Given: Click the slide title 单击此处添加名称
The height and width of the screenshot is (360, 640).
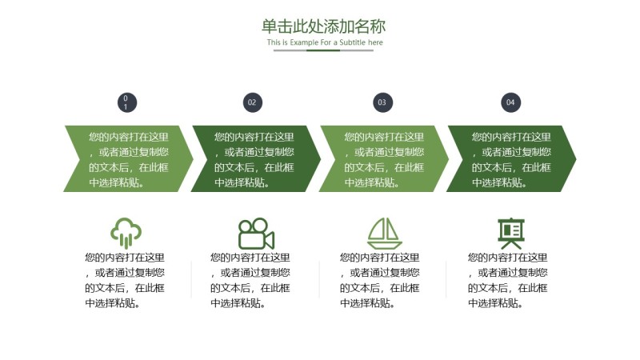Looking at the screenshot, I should coord(323,26).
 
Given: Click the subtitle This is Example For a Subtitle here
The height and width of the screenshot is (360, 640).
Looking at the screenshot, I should coord(325,42).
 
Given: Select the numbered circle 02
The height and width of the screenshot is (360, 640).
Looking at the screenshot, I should coord(252,102).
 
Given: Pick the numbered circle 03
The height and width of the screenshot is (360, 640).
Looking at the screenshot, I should coord(382,102).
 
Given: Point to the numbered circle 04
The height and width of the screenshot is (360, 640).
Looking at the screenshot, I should coord(510,102).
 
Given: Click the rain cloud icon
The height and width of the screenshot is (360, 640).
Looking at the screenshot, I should coord(126,233).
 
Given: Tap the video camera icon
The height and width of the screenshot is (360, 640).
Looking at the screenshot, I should coord(256,234).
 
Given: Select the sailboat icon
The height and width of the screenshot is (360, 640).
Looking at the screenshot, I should coord(384,233).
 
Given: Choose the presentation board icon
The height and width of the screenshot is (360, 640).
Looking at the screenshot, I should coord(510,233).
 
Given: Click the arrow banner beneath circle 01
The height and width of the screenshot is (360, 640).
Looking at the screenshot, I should coord(128,158).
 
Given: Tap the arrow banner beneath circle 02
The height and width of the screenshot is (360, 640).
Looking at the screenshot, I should coord(255,158).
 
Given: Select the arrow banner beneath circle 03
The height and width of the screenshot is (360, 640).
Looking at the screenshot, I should coord(384,158).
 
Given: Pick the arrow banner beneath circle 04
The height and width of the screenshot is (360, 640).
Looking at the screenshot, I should coord(511,158).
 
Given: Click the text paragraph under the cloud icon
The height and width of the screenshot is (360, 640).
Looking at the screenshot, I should coord(125,280).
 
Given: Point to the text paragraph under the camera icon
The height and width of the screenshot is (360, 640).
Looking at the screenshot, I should coord(250,280).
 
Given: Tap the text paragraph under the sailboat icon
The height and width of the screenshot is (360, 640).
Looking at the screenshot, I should coord(380,280).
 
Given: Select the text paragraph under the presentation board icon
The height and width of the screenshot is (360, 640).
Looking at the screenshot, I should coord(508,280).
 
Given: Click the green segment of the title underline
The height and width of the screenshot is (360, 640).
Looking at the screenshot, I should coord(323,50).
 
